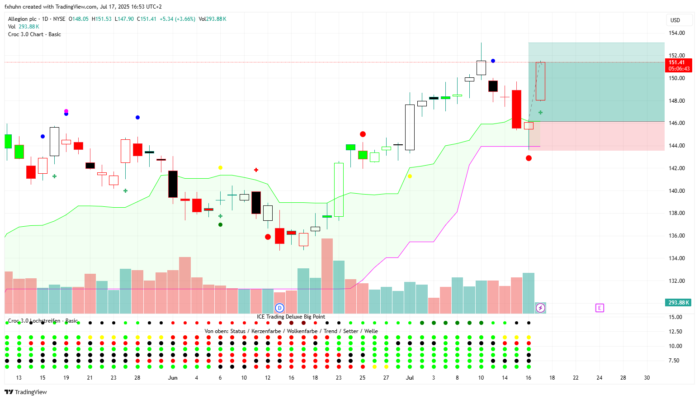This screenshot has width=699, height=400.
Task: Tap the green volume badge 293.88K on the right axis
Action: [x=678, y=303]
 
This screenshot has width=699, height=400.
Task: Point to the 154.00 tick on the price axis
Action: [x=677, y=33]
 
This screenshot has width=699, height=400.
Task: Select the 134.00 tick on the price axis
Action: [x=677, y=258]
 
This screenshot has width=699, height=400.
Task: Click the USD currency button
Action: [x=675, y=20]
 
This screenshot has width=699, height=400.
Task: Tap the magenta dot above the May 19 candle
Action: [x=66, y=111]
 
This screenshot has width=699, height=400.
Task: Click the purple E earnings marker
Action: [x=600, y=308]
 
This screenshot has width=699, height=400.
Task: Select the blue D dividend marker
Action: [x=279, y=308]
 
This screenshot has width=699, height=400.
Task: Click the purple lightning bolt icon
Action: [x=540, y=308]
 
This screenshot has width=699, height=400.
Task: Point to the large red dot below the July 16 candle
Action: [x=529, y=158]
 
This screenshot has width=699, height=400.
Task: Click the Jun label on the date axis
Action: [x=173, y=378]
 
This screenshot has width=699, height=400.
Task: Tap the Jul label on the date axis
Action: [x=410, y=378]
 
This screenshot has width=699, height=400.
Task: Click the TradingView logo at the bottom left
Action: [x=26, y=392]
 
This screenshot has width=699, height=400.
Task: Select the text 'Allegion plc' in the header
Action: [x=22, y=19]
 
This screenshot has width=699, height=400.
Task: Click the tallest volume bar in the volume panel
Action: [x=327, y=276]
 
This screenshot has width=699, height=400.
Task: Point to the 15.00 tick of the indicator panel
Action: [x=675, y=317]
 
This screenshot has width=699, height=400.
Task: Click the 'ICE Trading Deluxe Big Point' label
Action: [x=291, y=317]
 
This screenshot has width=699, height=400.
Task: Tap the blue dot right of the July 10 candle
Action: [x=493, y=61]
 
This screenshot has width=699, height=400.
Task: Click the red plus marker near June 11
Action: [x=256, y=170]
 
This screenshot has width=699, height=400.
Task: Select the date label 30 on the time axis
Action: [x=647, y=378]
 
